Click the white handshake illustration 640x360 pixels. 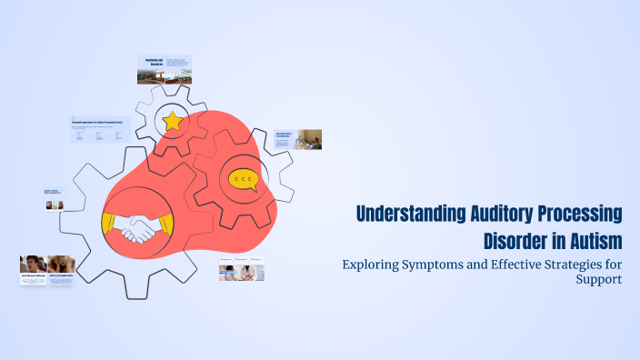coord(139,228)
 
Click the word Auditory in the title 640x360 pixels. coord(498,215)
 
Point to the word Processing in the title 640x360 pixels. coord(580,215)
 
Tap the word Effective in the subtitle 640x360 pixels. coord(510,265)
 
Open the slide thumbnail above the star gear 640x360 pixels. coord(165,69)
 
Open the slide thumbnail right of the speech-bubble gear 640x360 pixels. coord(298,139)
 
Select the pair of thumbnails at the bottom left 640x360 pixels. coord(47,270)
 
